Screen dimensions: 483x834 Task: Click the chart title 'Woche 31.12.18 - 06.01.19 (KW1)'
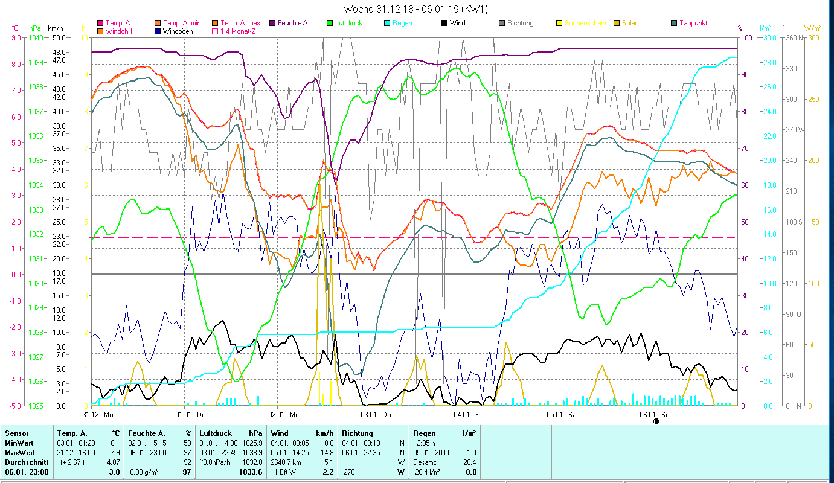click(x=415, y=9)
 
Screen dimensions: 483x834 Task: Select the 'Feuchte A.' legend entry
click(x=293, y=23)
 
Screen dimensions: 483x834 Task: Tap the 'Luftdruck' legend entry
click(x=347, y=23)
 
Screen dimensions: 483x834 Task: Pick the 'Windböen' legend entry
click(x=178, y=31)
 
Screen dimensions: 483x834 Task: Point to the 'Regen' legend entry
click(x=402, y=23)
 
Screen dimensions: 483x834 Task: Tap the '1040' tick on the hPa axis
click(x=36, y=37)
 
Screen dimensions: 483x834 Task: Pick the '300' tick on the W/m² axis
click(x=813, y=37)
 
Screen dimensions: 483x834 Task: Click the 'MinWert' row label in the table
click(x=18, y=443)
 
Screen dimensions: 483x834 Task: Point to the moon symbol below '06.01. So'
click(x=656, y=421)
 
